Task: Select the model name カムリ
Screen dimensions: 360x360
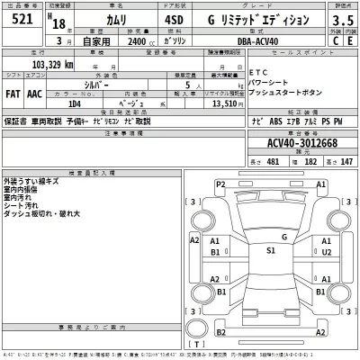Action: click(x=111, y=20)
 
